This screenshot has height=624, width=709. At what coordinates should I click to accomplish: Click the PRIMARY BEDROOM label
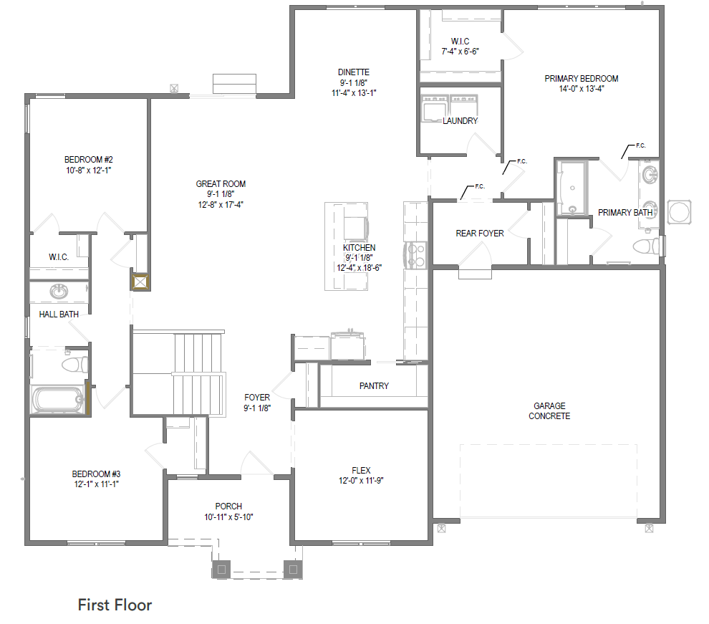point(581,79)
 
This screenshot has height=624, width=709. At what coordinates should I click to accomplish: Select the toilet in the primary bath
point(647,246)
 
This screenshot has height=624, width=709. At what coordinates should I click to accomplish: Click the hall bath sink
point(59,291)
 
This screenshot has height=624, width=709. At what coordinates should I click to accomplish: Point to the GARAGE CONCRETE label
point(549,411)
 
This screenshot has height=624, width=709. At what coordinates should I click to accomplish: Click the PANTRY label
point(374,385)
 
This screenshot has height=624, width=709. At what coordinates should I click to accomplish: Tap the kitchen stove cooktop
point(416,256)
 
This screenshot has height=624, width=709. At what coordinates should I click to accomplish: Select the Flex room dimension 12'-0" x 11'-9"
point(361,481)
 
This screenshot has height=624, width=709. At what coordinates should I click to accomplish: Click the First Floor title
point(115,605)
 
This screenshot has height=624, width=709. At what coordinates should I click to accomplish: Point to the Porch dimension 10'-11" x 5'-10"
point(228,517)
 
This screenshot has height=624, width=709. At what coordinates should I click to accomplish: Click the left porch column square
point(221,570)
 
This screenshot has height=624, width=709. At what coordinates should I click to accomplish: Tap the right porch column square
point(293,570)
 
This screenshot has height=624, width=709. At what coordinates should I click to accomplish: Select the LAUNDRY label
point(460,121)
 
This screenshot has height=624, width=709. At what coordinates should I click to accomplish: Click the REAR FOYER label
point(480,234)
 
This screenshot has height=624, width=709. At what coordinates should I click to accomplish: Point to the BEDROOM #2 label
point(89,160)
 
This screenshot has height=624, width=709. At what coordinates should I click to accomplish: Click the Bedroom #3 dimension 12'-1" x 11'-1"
point(96,484)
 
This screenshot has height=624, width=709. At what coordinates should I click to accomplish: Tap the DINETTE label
point(354,72)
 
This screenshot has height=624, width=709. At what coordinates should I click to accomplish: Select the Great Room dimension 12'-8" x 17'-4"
point(221,205)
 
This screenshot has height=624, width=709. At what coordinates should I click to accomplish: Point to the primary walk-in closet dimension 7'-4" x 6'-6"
point(460,52)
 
